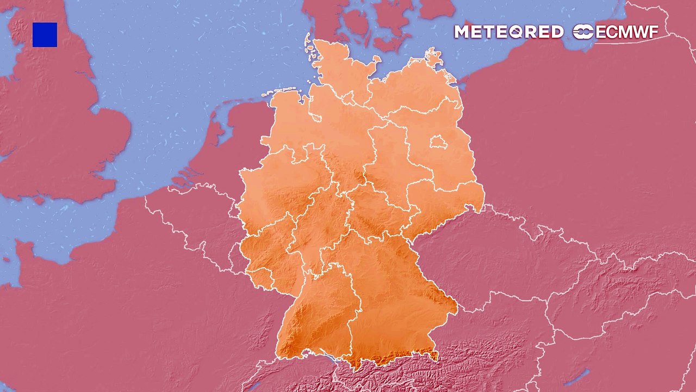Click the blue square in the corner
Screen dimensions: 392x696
pyautogui.click(x=45, y=35)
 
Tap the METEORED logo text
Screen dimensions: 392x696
pyautogui.click(x=508, y=32)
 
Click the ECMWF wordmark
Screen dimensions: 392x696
pyautogui.click(x=627, y=32)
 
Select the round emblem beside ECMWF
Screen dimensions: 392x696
pyautogui.click(x=583, y=32)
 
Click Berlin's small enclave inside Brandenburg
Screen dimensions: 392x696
pyautogui.click(x=438, y=143)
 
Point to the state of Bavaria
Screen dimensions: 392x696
pyautogui.click(x=391, y=294)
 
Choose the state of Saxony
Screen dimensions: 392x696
pyautogui.click(x=443, y=204)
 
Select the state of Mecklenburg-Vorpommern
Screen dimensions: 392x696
pyautogui.click(x=413, y=87)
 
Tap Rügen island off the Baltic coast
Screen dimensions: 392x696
pyautogui.click(x=435, y=57)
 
